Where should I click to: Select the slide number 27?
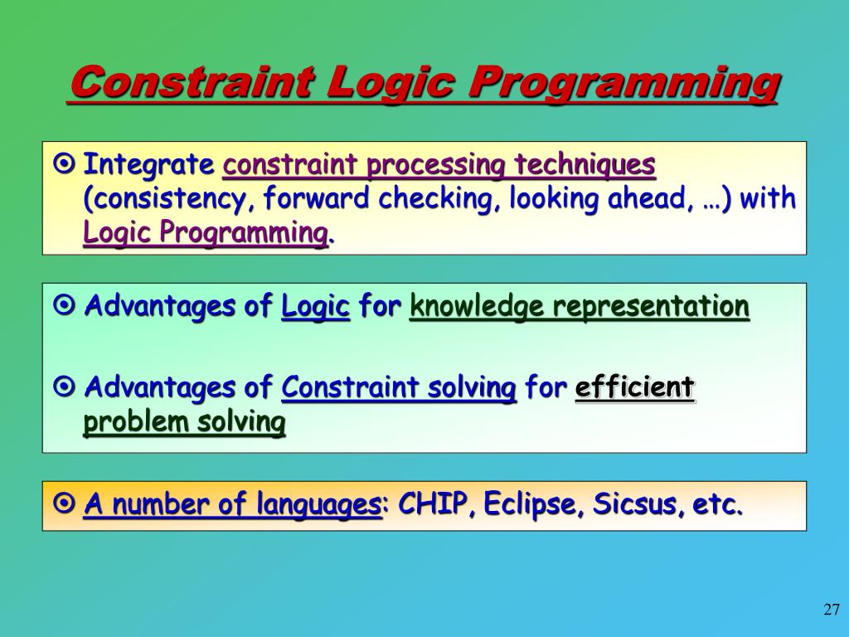coord(832,610)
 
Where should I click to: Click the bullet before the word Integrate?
coord(65,164)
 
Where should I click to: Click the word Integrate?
coord(149,165)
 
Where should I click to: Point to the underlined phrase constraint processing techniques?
coord(439,165)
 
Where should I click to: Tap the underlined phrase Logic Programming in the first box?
coord(206,233)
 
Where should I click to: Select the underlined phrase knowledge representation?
coord(579,306)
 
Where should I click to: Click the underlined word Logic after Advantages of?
coord(315,306)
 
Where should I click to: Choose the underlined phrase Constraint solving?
coord(399,387)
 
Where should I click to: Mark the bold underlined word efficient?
coord(634,387)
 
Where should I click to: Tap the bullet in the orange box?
coord(65,503)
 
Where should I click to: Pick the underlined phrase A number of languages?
coord(231,503)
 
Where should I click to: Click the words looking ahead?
coord(609,199)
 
